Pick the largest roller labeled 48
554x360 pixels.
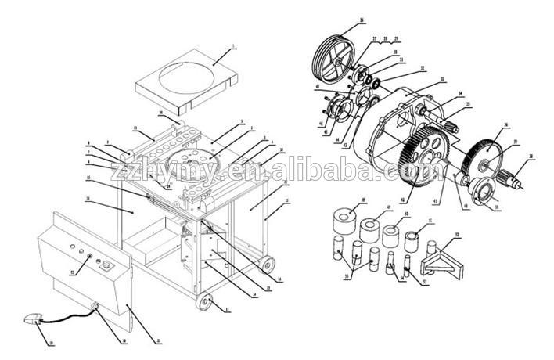(342, 220)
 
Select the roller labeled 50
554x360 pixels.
(392, 235)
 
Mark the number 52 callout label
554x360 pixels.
(458, 235)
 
